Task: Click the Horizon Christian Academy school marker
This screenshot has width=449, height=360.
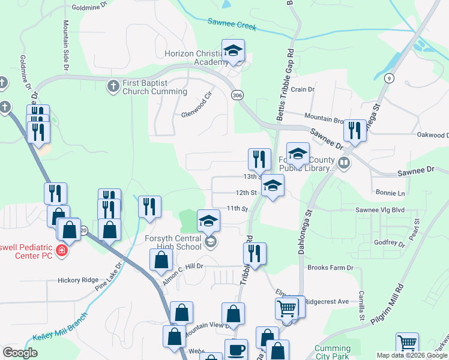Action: click(x=234, y=50)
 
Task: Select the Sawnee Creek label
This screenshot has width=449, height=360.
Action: click(x=232, y=25)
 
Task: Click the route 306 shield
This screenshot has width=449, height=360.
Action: click(x=237, y=95)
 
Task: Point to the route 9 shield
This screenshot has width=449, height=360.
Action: click(x=390, y=78)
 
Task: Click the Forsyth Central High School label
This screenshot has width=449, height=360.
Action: click(x=173, y=242)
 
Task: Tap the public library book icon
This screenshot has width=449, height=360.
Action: click(x=344, y=162)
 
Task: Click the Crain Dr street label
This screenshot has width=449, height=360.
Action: click(x=303, y=89)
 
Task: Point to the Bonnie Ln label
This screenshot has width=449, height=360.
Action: click(x=390, y=193)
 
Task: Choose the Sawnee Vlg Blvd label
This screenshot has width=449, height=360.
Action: click(x=381, y=210)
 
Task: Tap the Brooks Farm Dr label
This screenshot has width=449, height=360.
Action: click(x=330, y=268)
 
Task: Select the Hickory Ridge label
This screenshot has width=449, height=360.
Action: click(x=77, y=280)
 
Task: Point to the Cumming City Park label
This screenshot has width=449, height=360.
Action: click(x=333, y=352)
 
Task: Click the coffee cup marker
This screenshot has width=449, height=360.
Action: click(x=236, y=350)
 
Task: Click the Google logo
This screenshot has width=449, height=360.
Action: click(x=20, y=353)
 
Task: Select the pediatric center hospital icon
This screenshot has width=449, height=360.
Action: click(x=61, y=250)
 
